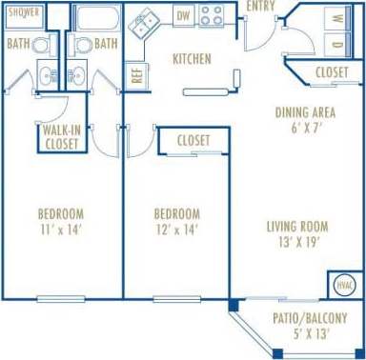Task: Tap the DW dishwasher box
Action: tap(184, 15)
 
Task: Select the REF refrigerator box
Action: tap(137, 75)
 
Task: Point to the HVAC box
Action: tap(345, 285)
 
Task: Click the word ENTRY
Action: tap(262, 7)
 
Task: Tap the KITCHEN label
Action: tap(192, 59)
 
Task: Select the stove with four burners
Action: tap(212, 15)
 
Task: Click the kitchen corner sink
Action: tap(148, 22)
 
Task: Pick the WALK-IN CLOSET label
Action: tap(61, 135)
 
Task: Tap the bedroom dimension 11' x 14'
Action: tap(61, 230)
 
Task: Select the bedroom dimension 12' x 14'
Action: tap(176, 230)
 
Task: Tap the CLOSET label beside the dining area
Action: tap(331, 71)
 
